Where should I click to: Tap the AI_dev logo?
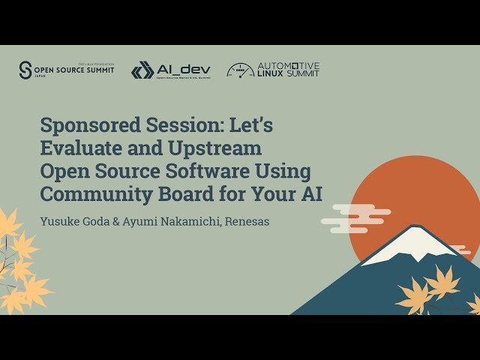171,70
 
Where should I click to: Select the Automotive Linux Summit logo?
273,70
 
